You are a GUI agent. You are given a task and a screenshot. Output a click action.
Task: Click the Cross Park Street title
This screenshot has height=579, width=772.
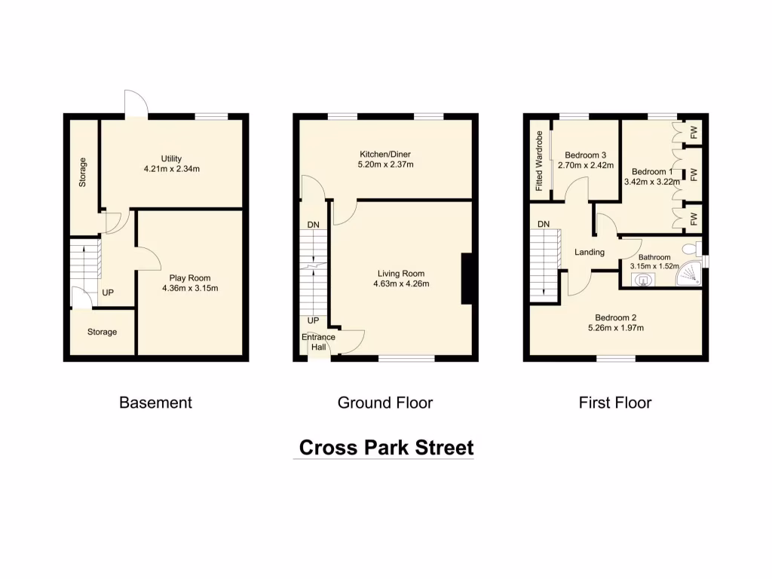(x=386, y=447)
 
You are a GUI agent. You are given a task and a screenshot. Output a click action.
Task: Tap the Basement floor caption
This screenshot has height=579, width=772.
(x=155, y=403)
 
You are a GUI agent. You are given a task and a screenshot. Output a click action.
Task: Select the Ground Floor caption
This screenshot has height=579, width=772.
(x=384, y=403)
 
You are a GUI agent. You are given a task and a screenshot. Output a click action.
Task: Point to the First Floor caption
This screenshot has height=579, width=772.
(x=614, y=403)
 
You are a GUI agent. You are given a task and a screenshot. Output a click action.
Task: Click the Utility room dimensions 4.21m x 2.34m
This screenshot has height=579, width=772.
(x=171, y=169)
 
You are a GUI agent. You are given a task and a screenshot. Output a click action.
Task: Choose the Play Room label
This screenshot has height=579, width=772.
(x=189, y=277)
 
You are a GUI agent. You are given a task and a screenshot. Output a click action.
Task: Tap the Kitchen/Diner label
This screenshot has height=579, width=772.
(x=385, y=154)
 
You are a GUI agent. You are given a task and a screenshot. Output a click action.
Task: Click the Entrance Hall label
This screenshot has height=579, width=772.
(x=318, y=342)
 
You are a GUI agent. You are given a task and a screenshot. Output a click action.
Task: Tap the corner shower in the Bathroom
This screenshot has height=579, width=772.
(x=691, y=277)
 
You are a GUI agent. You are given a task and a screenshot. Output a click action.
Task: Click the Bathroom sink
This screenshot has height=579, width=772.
(x=643, y=279)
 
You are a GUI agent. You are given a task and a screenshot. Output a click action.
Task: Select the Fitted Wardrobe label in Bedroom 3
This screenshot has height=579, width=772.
(x=539, y=161)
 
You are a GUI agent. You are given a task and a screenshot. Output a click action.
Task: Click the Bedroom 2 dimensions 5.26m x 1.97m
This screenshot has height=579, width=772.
(x=614, y=327)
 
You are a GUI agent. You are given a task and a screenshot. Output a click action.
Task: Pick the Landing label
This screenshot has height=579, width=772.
(x=589, y=252)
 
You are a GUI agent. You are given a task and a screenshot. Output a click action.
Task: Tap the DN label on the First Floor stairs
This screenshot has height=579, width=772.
(x=543, y=224)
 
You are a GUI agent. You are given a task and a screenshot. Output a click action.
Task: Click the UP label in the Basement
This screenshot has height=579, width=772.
(x=108, y=293)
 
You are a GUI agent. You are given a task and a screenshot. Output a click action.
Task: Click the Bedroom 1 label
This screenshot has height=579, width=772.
(x=649, y=171)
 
